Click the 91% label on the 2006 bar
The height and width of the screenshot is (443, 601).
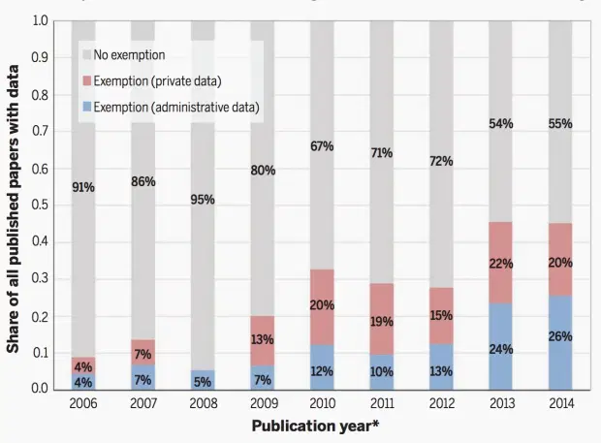[x=83, y=188]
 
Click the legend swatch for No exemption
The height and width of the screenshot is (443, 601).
[x=86, y=54]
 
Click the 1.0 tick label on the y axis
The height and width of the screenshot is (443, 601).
[x=42, y=20]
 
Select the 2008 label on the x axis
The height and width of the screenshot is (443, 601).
[x=203, y=404]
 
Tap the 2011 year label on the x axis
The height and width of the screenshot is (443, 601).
[x=382, y=404]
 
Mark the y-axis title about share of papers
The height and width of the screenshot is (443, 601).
[x=16, y=208]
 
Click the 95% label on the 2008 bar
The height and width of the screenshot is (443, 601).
[x=203, y=200]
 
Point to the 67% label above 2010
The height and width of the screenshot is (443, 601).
[x=322, y=146]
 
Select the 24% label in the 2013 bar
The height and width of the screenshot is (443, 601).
[x=501, y=348]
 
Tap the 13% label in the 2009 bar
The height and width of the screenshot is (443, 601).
[x=263, y=339]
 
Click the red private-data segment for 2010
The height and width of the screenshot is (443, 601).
[x=322, y=291]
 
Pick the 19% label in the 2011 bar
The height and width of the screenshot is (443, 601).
[x=382, y=322]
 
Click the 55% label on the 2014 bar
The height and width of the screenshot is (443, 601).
[x=560, y=124]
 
